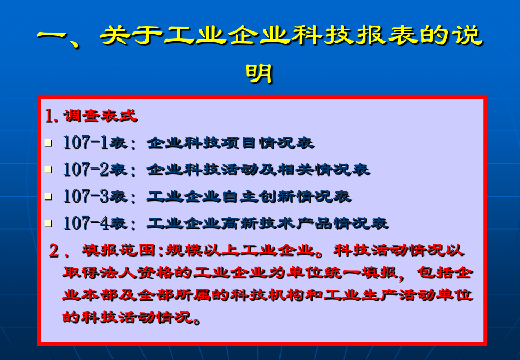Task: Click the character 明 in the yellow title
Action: tap(259, 73)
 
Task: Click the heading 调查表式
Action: tap(100, 116)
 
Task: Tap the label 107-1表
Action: tap(95, 143)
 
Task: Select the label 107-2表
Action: tap(95, 170)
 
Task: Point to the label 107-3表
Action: tap(95, 197)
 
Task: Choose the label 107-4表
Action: tap(95, 223)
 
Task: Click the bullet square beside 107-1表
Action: tap(49, 143)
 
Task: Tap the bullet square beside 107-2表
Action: tap(49, 170)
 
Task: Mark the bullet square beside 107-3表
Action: tap(49, 197)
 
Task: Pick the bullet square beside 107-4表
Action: tap(49, 223)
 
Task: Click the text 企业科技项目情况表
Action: tap(230, 143)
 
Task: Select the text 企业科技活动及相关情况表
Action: tap(258, 170)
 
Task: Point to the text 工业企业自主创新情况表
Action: tap(249, 197)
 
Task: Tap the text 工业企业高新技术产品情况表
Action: tap(268, 223)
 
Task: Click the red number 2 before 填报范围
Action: tap(54, 251)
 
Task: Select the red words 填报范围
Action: tap(119, 250)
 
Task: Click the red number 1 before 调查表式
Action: tap(50, 116)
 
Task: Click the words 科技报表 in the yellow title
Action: tap(354, 35)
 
